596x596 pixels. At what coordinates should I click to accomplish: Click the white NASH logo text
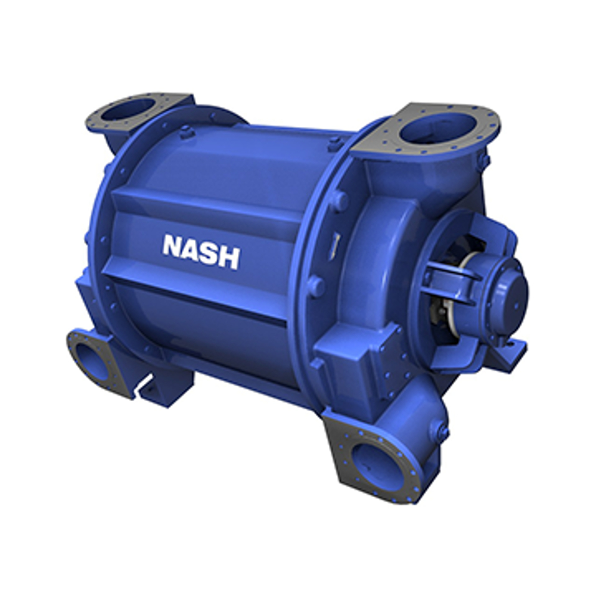(201, 252)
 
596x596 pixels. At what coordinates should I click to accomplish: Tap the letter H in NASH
(229, 257)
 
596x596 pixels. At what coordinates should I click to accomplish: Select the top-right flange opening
(437, 129)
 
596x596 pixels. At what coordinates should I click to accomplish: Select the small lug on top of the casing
(187, 132)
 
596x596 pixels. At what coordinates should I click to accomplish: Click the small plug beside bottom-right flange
(441, 430)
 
